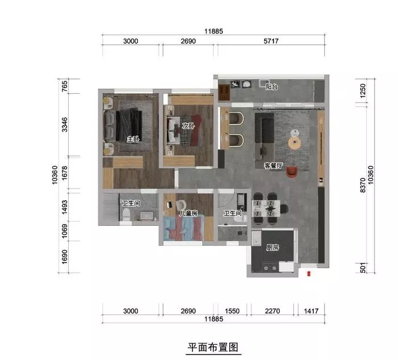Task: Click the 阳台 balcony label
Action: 272,87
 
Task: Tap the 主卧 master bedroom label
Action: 133,139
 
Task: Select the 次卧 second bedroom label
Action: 188,126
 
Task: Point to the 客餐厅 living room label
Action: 273,166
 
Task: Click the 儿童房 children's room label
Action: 188,213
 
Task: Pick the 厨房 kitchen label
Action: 272,247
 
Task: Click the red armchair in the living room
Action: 292,172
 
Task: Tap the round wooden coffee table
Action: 295,143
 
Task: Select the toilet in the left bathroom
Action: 126,214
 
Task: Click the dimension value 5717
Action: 271,41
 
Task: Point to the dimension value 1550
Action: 232,311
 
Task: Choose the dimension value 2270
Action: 272,311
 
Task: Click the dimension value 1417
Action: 311,311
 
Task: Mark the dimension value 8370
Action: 363,185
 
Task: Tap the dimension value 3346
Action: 65,125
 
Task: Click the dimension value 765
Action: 65,86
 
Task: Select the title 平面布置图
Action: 213,347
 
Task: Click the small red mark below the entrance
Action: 309,274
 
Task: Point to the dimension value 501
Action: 363,268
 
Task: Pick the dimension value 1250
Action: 363,90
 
